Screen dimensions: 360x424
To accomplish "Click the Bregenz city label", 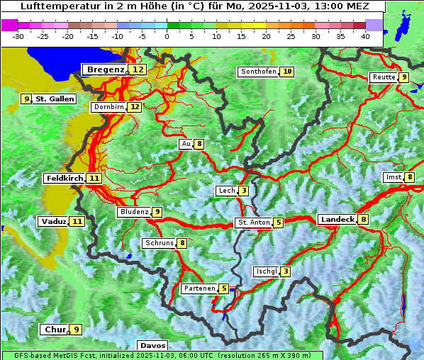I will click(x=106, y=69).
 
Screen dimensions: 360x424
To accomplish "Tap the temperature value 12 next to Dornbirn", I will click(x=134, y=107).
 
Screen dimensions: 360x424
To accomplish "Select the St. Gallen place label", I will click(x=55, y=99).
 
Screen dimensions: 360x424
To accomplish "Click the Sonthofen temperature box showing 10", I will click(x=287, y=72).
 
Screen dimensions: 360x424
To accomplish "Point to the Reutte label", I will click(x=384, y=77).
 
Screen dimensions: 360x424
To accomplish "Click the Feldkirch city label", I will click(x=65, y=178).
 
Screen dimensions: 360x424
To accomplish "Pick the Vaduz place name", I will click(x=54, y=221).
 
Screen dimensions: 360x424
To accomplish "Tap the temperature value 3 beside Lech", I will click(x=243, y=191).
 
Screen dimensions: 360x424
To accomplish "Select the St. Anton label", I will click(x=253, y=223).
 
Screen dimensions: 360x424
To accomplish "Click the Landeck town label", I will click(x=337, y=220).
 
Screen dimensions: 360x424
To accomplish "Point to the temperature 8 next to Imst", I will click(x=410, y=177).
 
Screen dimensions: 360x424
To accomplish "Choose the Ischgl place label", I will click(x=266, y=271).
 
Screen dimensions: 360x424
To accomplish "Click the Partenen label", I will click(x=199, y=288).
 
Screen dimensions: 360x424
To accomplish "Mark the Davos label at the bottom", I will click(x=152, y=345).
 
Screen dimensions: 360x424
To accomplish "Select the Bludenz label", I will click(x=134, y=212).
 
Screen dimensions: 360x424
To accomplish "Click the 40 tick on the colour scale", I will click(x=365, y=35).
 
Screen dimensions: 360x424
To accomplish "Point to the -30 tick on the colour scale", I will click(x=18, y=35).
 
